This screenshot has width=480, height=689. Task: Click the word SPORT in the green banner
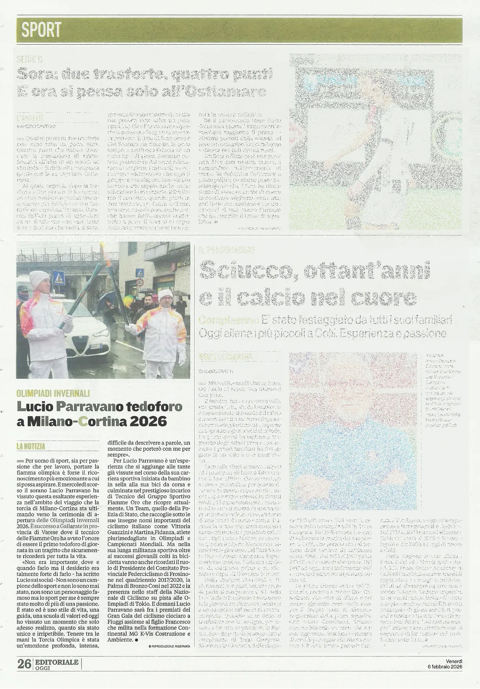click(41, 30)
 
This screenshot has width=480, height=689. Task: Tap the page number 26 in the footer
click(24, 664)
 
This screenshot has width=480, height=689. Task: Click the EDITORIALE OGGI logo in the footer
click(56, 664)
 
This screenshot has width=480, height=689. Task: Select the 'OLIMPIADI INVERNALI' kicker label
click(53, 393)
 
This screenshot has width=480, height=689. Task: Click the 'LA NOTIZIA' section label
click(31, 447)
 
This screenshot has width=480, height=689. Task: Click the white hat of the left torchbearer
click(39, 279)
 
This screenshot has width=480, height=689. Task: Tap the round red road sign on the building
click(140, 282)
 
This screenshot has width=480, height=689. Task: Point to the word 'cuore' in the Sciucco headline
click(385, 297)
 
